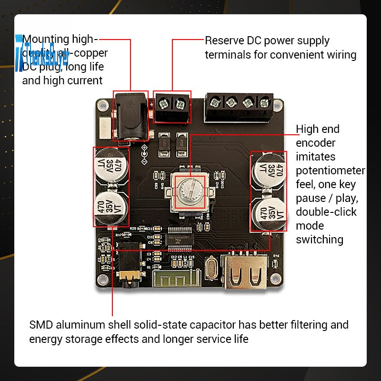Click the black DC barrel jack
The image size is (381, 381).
coord(130,117)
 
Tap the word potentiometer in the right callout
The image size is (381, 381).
coord(330,170)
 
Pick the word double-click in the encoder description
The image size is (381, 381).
coord(326,211)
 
